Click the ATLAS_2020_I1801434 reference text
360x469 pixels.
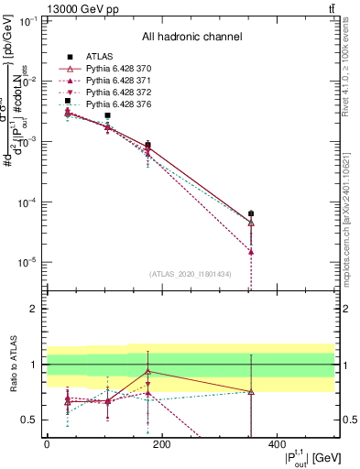pos(191,275)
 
